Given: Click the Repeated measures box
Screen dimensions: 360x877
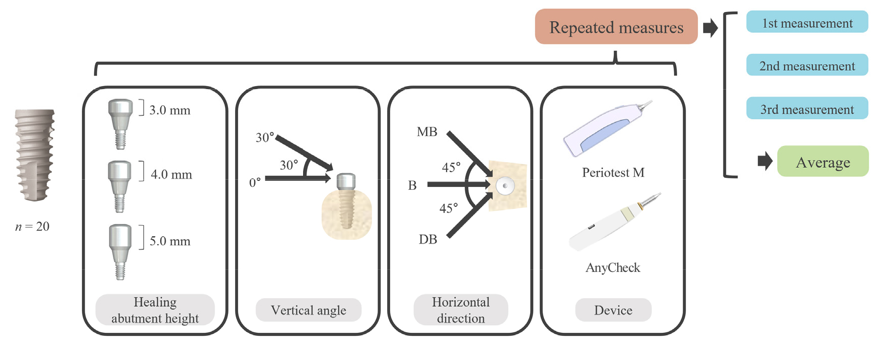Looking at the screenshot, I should pos(616,27).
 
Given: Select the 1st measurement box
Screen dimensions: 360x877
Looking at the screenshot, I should pos(807,23).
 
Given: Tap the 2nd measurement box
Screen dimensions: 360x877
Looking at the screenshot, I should pos(807,66).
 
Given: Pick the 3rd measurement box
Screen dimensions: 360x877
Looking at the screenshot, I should pos(807,109).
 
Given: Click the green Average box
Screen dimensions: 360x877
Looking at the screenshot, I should pos(823,162).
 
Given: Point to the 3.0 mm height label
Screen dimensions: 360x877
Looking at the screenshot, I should pos(170,110).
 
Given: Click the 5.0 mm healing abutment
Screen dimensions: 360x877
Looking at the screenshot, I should pos(120,251).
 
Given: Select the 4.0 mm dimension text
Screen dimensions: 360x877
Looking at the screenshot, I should pos(171,175).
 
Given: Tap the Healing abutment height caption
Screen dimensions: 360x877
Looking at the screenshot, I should pos(155,310).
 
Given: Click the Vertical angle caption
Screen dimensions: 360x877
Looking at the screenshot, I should pos(308,310).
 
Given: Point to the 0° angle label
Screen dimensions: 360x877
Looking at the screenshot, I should pos(255,182).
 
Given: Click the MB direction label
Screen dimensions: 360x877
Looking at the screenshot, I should pos(427,132).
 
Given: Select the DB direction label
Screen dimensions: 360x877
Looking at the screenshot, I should pos(428,240).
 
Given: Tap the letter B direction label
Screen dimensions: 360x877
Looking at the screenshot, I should pos(412,186).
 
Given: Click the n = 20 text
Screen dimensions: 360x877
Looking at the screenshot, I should pos(32,227).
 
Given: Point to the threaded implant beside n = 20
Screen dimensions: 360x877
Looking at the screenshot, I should pos(34,155).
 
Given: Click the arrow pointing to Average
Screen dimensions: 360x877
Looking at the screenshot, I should pos(765,162).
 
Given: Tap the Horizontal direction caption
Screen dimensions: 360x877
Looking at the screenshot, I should pos(461,310).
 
